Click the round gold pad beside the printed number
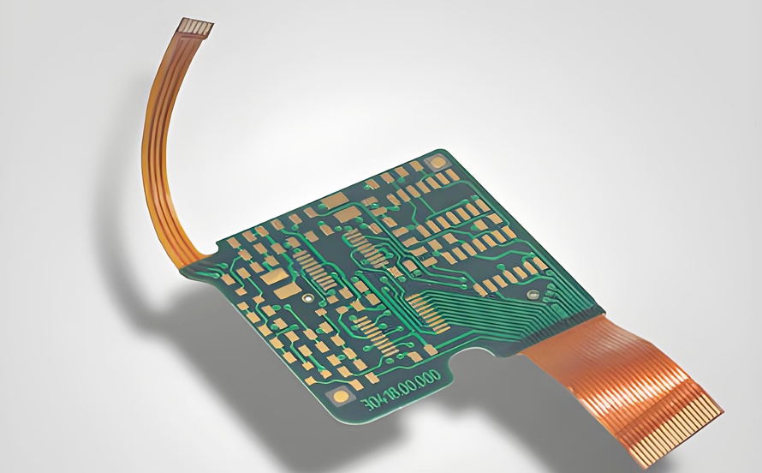[342, 396]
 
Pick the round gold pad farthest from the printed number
[438, 161]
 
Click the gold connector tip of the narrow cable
[195, 28]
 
